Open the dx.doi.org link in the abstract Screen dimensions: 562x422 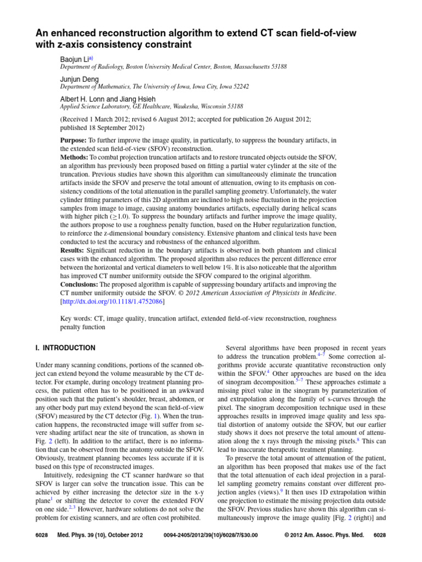pos(113,301)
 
